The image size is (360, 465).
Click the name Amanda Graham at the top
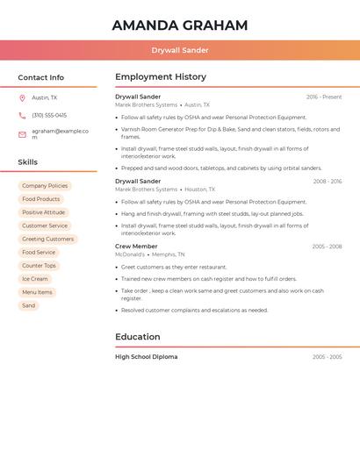(180, 25)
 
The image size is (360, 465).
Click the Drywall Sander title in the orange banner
(180, 50)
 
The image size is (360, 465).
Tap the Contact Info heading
(41, 77)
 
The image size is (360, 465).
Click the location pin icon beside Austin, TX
(22, 98)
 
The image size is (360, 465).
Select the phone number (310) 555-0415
(49, 115)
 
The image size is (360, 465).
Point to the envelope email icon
(22, 134)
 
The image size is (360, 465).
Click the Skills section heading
(28, 162)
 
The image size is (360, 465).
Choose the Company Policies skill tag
(45, 186)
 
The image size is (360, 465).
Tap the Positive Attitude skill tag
(43, 212)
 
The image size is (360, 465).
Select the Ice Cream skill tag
(35, 279)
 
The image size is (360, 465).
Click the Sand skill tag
(29, 305)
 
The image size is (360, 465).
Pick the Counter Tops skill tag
(39, 266)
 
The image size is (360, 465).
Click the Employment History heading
(161, 77)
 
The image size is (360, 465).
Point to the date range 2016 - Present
(324, 97)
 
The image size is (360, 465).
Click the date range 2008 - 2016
(327, 182)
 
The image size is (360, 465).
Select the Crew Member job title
(136, 247)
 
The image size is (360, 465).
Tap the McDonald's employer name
(130, 254)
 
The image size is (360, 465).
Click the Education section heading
(138, 337)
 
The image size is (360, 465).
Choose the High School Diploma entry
(146, 357)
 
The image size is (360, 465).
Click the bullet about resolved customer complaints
(195, 310)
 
